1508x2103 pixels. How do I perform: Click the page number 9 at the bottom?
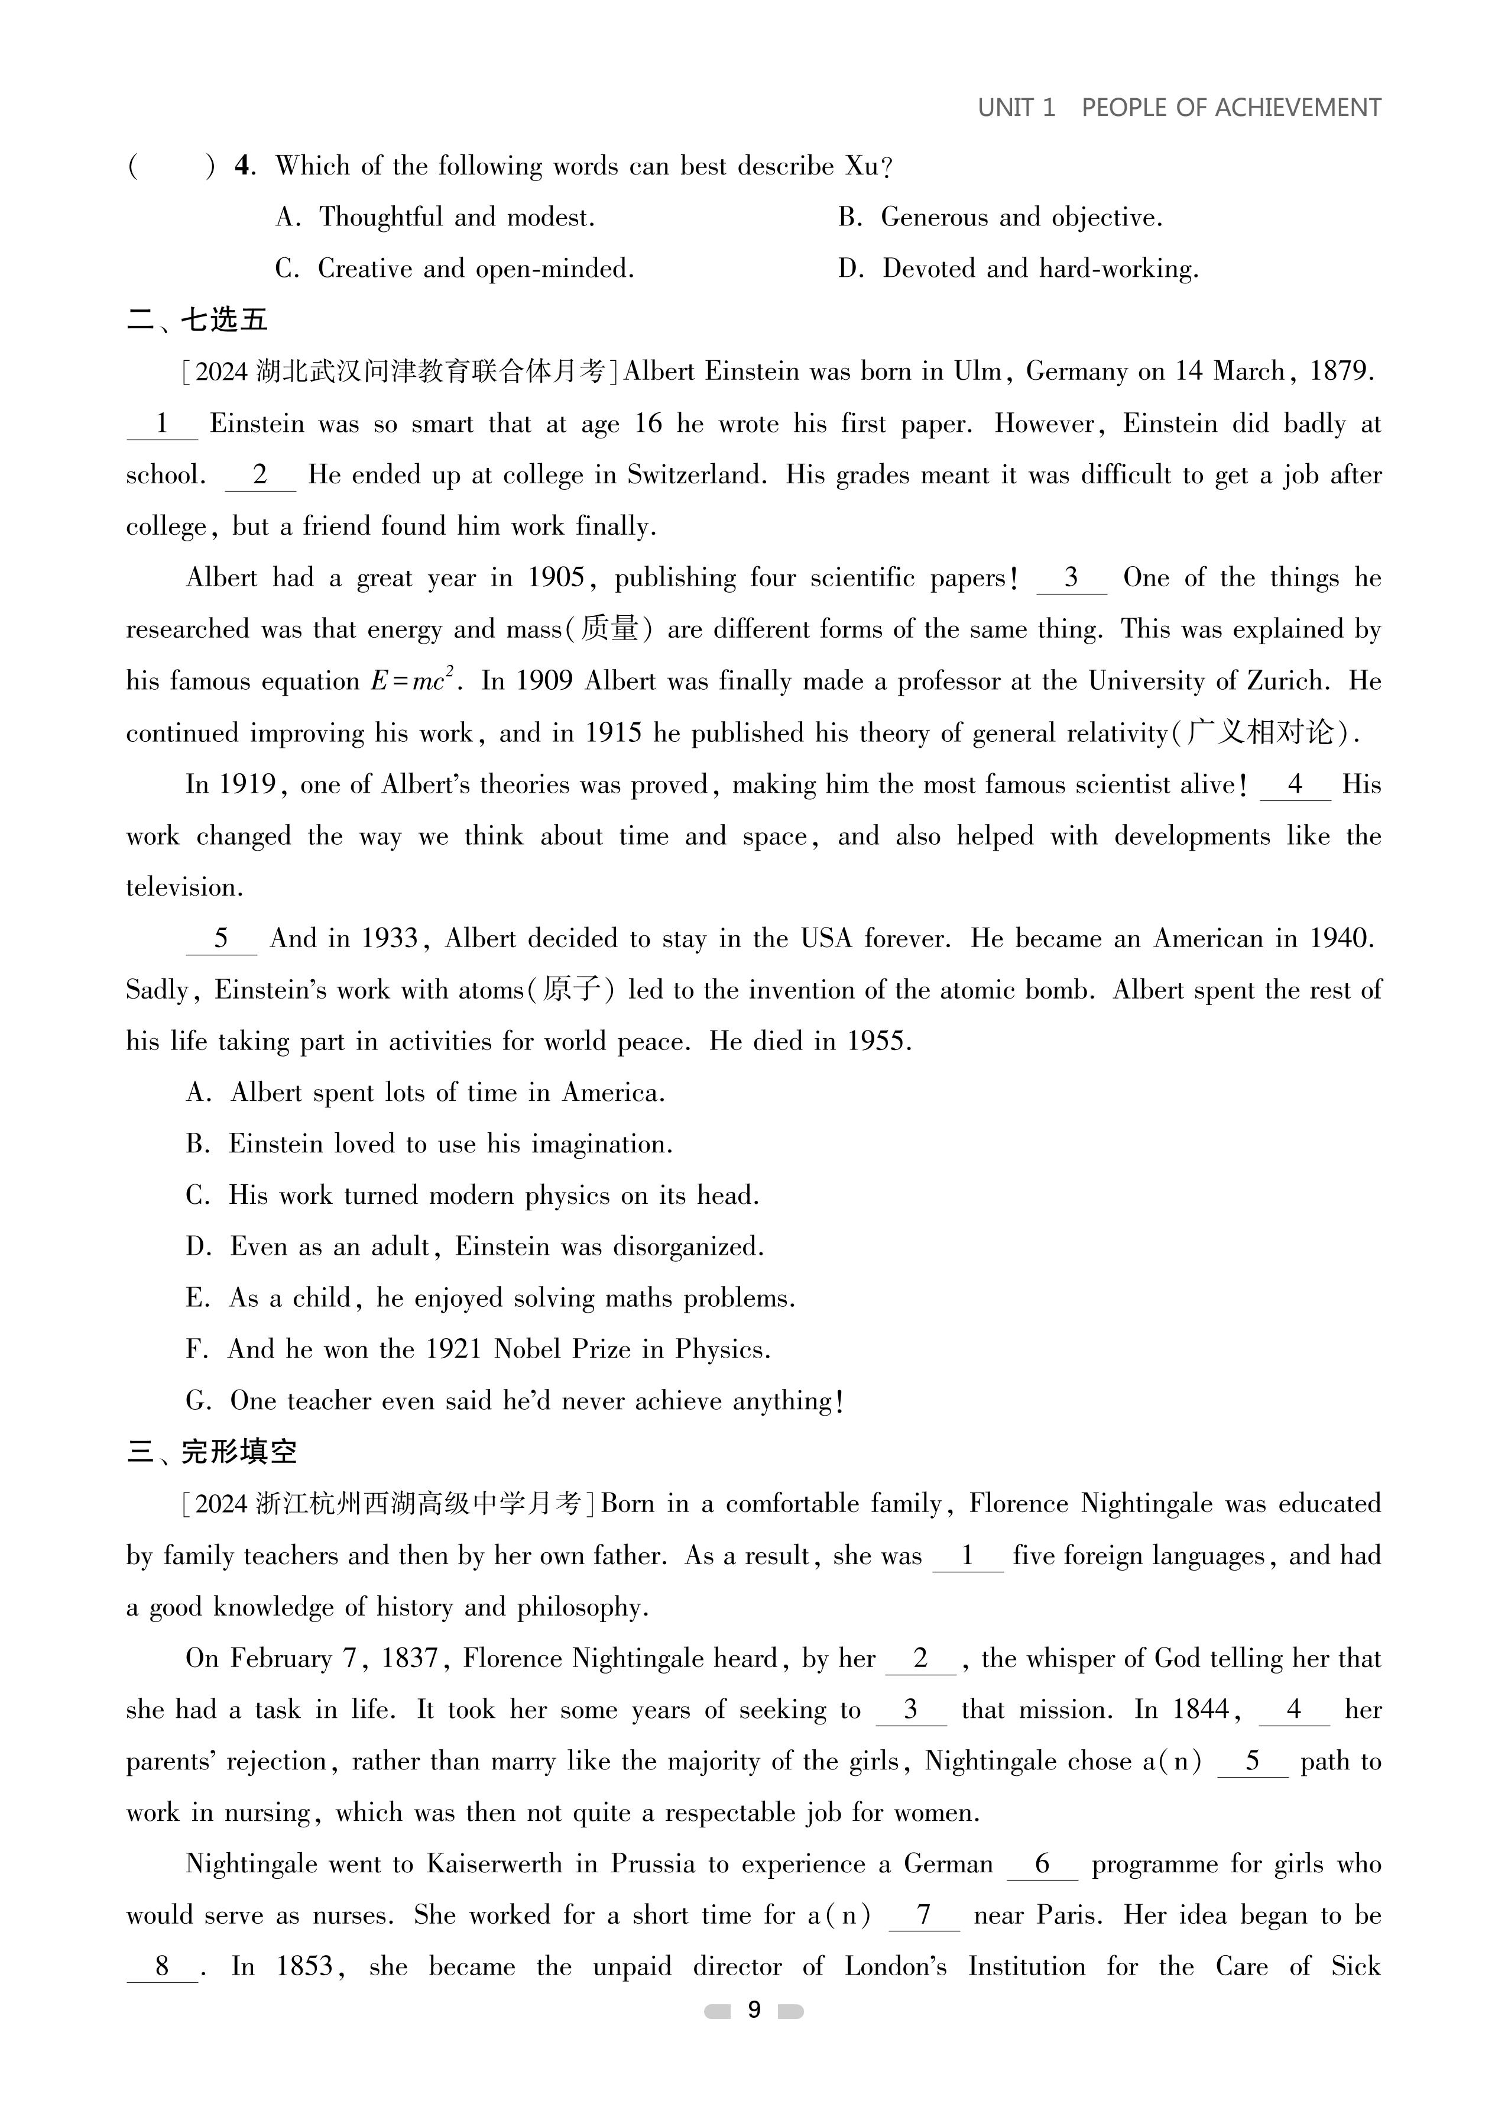754,2010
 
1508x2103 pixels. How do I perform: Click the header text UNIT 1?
1016,108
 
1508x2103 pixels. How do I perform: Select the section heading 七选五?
223,321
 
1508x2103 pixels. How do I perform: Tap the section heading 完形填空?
238,1452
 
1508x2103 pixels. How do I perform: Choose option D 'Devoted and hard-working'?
1018,269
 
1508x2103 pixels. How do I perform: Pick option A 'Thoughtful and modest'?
434,218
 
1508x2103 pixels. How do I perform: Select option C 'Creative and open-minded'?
454,269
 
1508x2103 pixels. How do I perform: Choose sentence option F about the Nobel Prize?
478,1349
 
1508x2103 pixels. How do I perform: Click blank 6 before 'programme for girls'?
1042,1865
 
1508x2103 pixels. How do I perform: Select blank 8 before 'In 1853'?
162,1967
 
